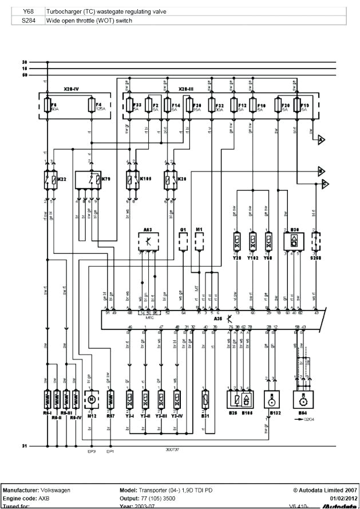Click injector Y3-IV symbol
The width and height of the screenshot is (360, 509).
177,398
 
